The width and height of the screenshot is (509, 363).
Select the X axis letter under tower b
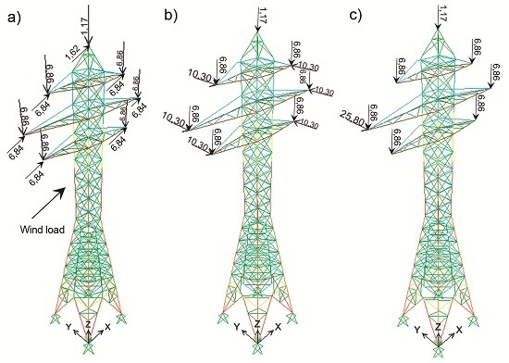[279, 328]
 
